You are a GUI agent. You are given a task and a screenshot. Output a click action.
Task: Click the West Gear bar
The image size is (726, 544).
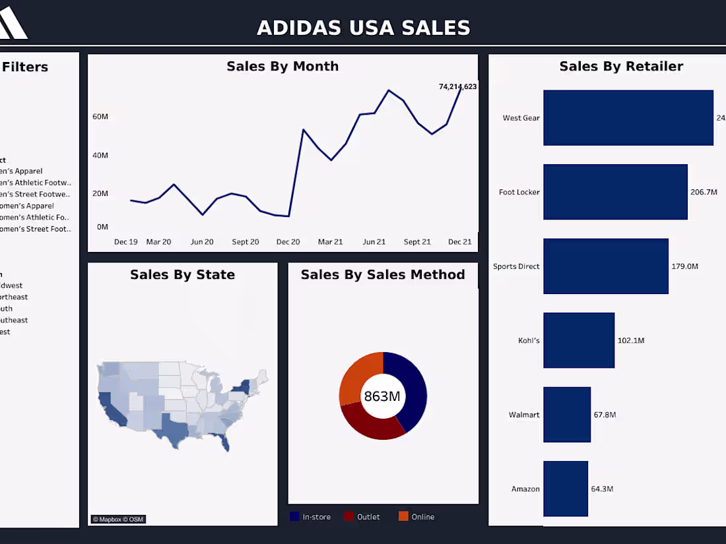click(x=628, y=117)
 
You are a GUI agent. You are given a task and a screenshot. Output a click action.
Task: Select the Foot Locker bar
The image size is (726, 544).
click(x=615, y=192)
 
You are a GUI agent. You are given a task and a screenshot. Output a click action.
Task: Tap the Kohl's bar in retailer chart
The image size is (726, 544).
click(x=579, y=340)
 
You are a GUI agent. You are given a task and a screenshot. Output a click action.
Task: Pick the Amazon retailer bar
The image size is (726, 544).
click(x=565, y=489)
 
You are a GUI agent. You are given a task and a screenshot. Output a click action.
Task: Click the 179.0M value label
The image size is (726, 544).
click(x=685, y=266)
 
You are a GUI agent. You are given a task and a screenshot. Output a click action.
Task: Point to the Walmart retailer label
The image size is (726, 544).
click(x=524, y=415)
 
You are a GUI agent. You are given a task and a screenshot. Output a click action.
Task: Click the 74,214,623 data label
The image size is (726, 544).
click(x=457, y=86)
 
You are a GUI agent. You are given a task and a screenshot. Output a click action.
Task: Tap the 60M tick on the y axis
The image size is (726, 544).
click(x=100, y=117)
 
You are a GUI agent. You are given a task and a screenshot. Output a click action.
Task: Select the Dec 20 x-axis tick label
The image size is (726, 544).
click(x=288, y=242)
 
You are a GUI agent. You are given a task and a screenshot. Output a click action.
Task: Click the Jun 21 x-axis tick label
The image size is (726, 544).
click(x=374, y=242)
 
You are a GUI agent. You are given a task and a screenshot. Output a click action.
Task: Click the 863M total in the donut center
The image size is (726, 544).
click(x=382, y=396)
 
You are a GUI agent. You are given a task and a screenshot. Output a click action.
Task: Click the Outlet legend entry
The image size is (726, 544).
click(x=368, y=517)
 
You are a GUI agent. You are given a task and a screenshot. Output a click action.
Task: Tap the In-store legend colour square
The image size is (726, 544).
click(x=294, y=516)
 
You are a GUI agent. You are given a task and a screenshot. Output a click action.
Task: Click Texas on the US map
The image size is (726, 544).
click(x=173, y=429)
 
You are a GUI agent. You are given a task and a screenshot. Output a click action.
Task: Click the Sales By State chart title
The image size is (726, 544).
click(x=182, y=274)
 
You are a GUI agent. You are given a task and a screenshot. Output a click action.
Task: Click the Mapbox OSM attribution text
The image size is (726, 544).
click(x=118, y=520)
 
